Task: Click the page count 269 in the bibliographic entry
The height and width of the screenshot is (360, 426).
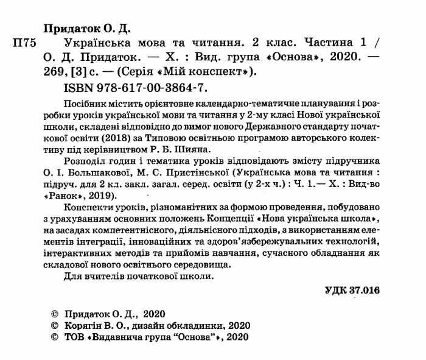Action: click(x=57, y=71)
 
